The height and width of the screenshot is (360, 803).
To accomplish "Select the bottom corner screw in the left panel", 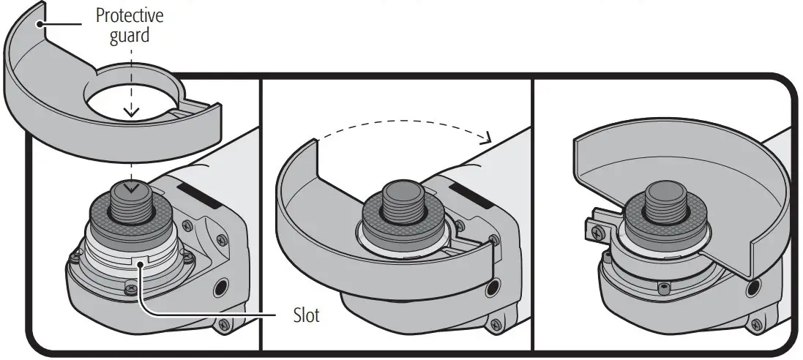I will [x=223, y=324].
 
